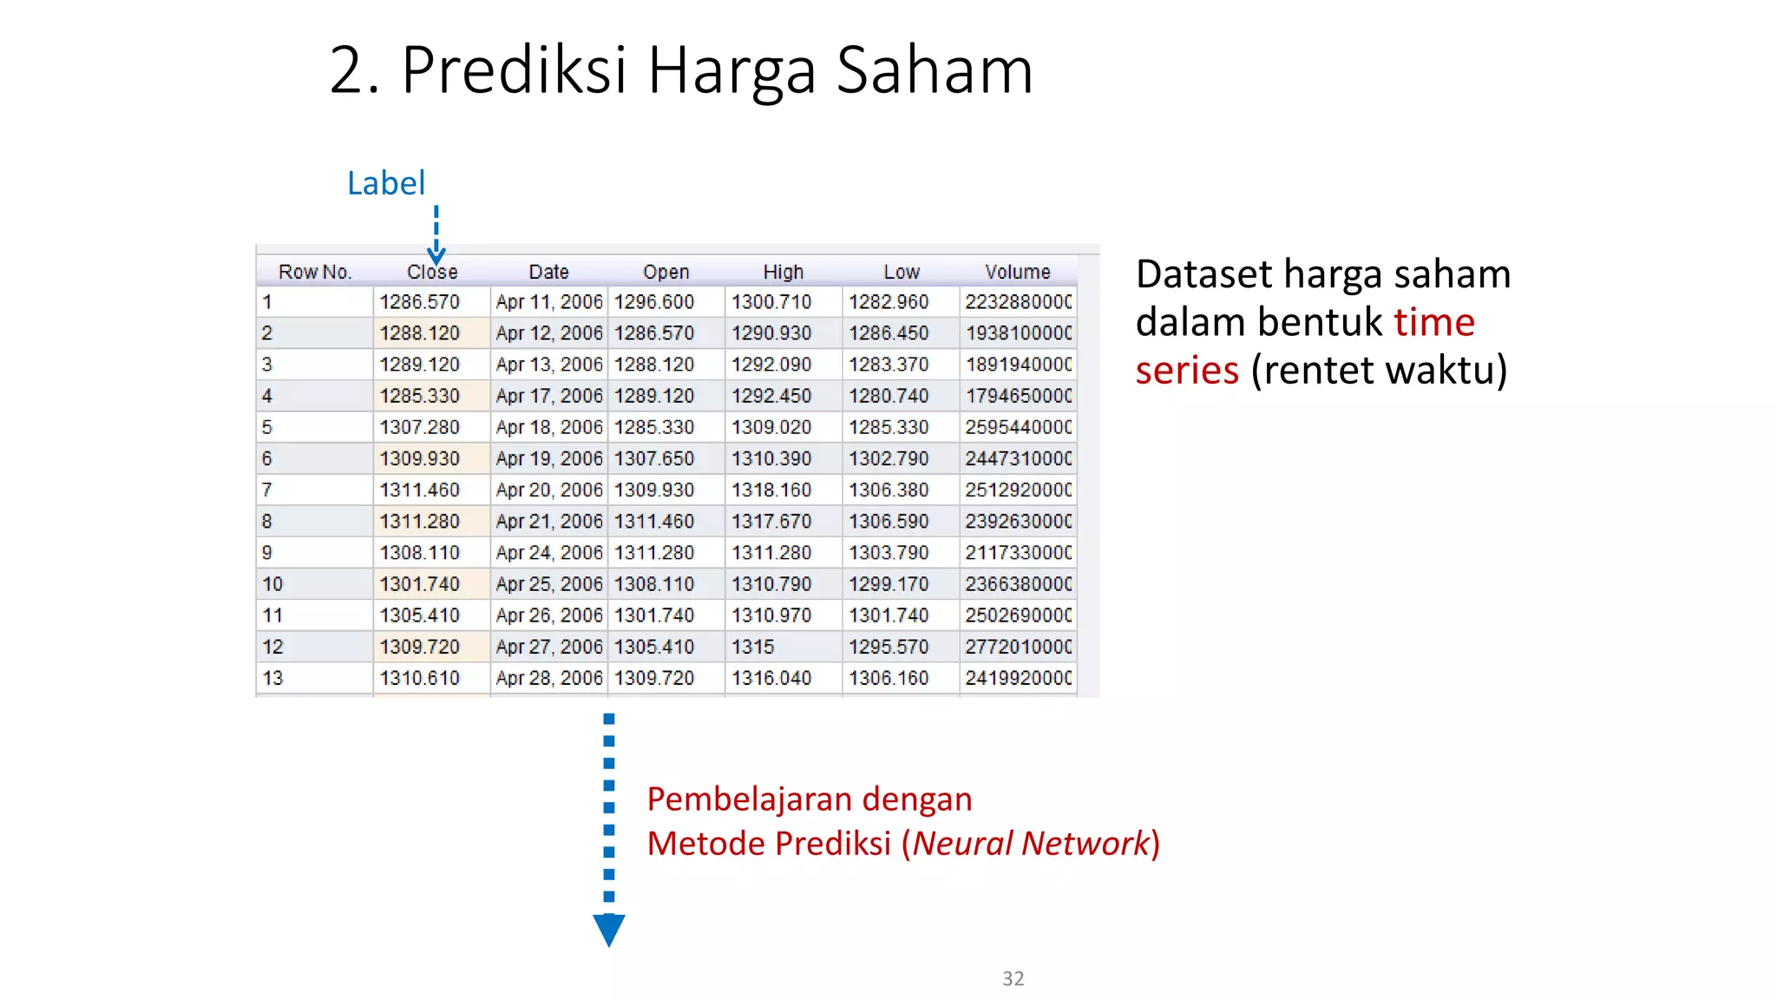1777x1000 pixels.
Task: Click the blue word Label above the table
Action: pos(386,183)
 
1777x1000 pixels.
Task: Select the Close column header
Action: pos(432,272)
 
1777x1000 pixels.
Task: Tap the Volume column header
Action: pos(1017,272)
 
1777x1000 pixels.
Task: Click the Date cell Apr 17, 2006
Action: pos(548,396)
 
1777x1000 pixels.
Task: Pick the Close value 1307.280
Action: pos(419,427)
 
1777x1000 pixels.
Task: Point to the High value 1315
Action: pos(753,647)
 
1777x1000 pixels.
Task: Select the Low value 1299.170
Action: pos(888,584)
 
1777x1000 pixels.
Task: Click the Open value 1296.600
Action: pos(654,302)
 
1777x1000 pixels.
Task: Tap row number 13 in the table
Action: pos(272,678)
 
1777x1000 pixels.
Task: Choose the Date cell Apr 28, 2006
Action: pos(548,678)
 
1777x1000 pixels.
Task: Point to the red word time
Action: pos(1434,322)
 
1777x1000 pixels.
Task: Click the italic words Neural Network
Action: pos(1031,843)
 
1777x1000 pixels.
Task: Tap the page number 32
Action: pos(1013,978)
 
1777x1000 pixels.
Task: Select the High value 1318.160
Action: pos(771,490)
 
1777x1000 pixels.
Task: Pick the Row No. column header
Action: pos(315,272)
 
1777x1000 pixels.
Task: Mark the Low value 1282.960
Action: pos(888,302)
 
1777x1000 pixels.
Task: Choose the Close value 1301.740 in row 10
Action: pos(419,584)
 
